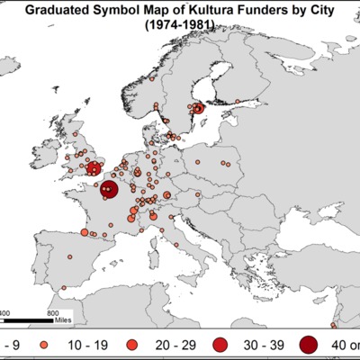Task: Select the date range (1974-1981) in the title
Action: (x=181, y=27)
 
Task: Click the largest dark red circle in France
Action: (x=108, y=190)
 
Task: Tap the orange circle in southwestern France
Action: (x=85, y=232)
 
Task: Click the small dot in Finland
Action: (x=237, y=101)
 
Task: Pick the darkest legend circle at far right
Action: (x=310, y=344)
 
